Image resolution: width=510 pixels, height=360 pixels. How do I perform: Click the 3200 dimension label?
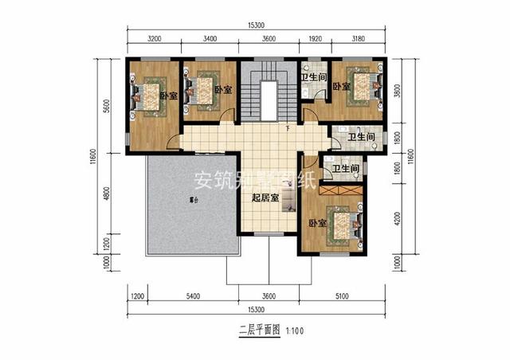click(155, 37)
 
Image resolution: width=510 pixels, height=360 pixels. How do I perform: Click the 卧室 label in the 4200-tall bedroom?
click(317, 224)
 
